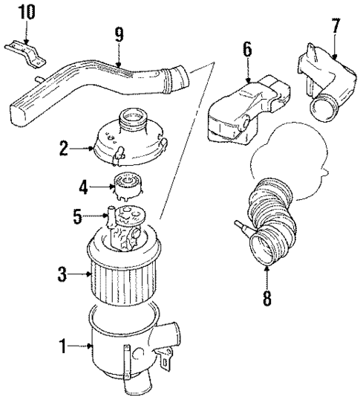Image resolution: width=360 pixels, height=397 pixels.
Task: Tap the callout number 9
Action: point(119,35)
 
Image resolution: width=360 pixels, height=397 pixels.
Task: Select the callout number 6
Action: point(246,50)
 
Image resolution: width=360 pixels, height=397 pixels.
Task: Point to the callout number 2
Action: point(65,149)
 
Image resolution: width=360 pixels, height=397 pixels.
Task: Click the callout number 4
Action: point(84,187)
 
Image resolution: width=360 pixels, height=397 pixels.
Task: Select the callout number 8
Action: point(266,299)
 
